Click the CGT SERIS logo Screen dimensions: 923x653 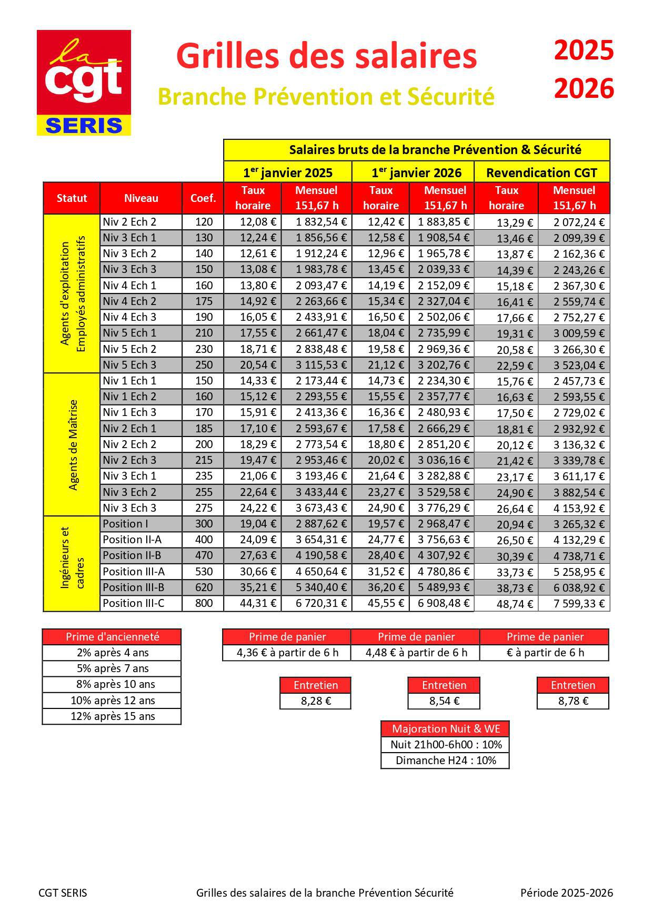tap(84, 83)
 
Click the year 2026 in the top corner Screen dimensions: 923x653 tap(584, 88)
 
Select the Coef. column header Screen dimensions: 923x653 tap(203, 198)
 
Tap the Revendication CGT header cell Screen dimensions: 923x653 tap(541, 173)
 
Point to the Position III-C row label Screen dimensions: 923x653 tap(134, 603)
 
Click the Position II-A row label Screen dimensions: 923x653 tap(132, 540)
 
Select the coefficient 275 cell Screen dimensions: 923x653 tap(204, 508)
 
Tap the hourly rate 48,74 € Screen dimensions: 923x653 tap(516, 604)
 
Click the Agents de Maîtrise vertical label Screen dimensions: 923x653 tap(73, 445)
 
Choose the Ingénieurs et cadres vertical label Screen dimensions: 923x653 tap(72, 564)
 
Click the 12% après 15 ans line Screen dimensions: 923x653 tap(112, 716)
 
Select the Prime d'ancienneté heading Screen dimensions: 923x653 tap(112, 637)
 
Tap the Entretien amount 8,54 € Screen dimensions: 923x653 tap(444, 701)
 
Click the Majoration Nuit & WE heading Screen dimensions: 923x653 tap(445, 729)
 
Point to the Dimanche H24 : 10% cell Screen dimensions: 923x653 tap(445, 760)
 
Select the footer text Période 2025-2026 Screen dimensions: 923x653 tap(566, 892)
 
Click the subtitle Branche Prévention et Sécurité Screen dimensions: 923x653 tap(326, 97)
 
